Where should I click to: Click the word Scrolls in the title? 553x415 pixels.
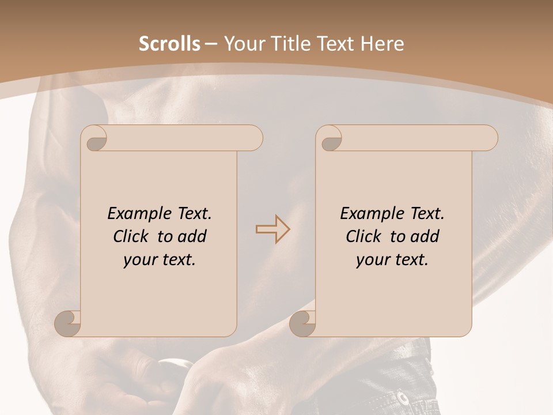tap(169, 44)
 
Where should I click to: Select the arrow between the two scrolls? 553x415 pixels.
tap(273, 229)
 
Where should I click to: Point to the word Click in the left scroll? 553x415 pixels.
tap(132, 236)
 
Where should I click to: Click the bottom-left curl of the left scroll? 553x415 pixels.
tap(69, 323)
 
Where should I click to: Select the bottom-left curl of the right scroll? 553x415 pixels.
tap(303, 323)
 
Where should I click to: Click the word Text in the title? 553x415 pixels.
tap(334, 44)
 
